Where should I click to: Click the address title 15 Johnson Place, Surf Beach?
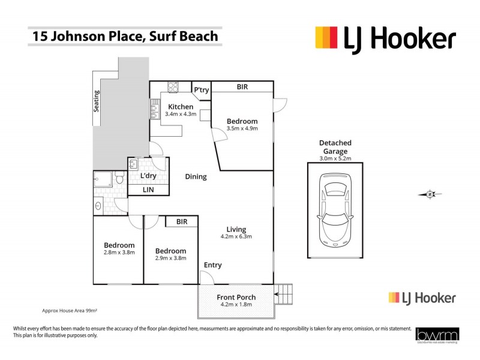[125, 37]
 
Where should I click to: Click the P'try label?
[200, 90]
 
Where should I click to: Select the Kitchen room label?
[181, 107]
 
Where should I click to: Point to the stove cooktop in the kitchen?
[173, 87]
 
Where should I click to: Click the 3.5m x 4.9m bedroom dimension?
[242, 128]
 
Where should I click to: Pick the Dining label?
[196, 177]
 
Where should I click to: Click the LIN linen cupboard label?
[148, 190]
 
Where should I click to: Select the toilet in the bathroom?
[119, 179]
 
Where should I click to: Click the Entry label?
[212, 265]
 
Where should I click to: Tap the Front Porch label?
[236, 297]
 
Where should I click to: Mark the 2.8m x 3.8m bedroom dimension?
[119, 253]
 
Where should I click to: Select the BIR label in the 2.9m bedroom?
[181, 222]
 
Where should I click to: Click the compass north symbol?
[430, 194]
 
